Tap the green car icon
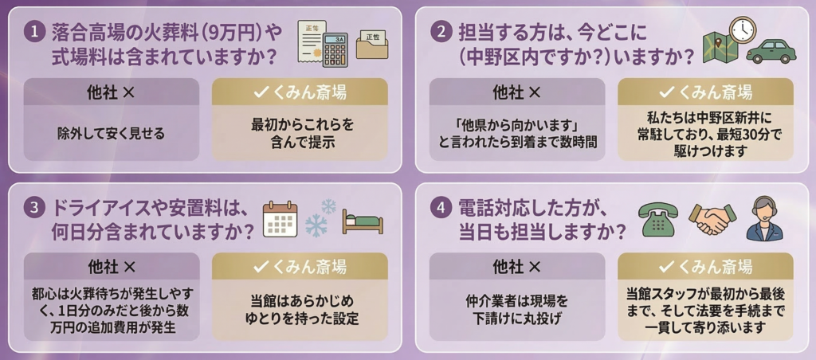(x=769, y=49)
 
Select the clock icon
(x=742, y=29)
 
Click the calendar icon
(x=280, y=218)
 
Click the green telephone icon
(x=658, y=218)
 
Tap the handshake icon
(x=712, y=218)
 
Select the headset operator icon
(x=764, y=218)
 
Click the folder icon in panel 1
(x=372, y=45)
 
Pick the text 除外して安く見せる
(x=111, y=133)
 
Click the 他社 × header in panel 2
(x=517, y=92)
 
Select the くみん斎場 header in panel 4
(x=705, y=266)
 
